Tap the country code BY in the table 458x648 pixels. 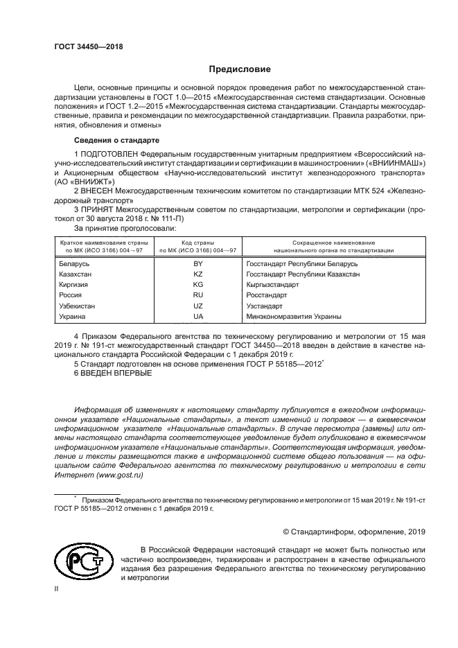pyautogui.click(x=198, y=264)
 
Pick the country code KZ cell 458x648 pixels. pyautogui.click(x=198, y=274)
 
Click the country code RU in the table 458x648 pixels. pyautogui.click(x=198, y=295)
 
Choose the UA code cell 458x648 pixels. pyautogui.click(x=198, y=316)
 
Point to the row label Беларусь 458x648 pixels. pyautogui.click(x=75, y=264)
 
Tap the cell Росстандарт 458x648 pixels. pyautogui.click(x=268, y=295)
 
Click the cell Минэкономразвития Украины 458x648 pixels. pyautogui.click(x=294, y=316)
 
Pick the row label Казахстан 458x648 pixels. pyautogui.click(x=76, y=274)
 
